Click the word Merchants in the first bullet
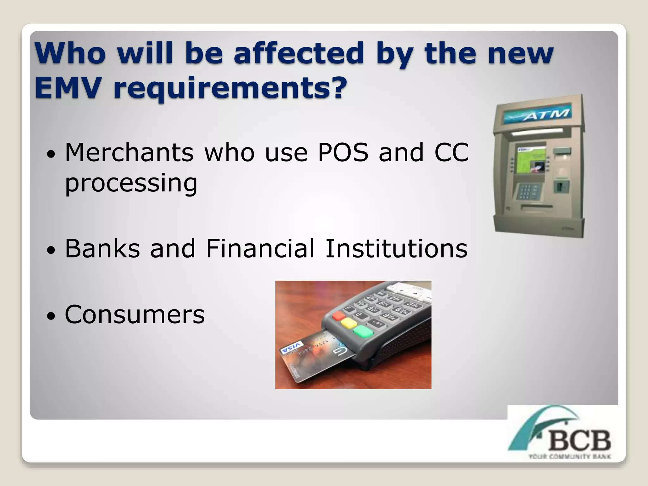[129, 153]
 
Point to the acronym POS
[343, 153]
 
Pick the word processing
[131, 184]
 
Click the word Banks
[102, 248]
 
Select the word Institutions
[396, 248]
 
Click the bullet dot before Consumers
[51, 316]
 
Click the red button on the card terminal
[339, 315]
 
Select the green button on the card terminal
[363, 331]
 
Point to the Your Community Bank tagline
[570, 457]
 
